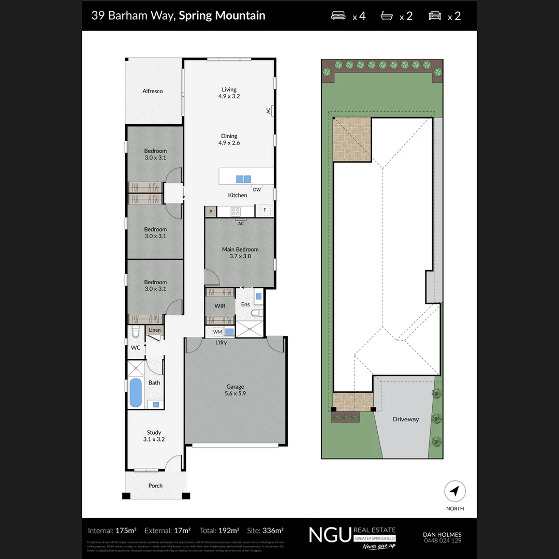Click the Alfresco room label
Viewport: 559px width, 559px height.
(x=153, y=91)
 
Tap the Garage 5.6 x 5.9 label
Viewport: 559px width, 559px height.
(x=235, y=390)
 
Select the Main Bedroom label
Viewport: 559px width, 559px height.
(x=240, y=253)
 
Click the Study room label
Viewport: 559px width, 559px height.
(x=154, y=436)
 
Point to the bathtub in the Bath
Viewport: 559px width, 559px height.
(x=135, y=393)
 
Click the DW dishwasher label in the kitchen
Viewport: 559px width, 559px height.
(x=257, y=189)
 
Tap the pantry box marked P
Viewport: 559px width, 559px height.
(x=211, y=212)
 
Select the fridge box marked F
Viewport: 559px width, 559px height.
(x=265, y=211)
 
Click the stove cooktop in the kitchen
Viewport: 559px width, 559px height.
(x=236, y=211)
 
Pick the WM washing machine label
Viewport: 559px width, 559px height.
(x=217, y=332)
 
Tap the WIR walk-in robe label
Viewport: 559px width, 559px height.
(x=220, y=306)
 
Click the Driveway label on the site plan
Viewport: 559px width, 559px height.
(x=405, y=419)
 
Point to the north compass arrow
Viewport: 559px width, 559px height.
(x=455, y=491)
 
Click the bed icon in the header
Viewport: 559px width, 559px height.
(x=338, y=16)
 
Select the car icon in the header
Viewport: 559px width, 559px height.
(x=435, y=16)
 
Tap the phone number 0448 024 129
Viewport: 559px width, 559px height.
(x=442, y=541)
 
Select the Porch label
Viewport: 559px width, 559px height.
(x=155, y=486)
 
